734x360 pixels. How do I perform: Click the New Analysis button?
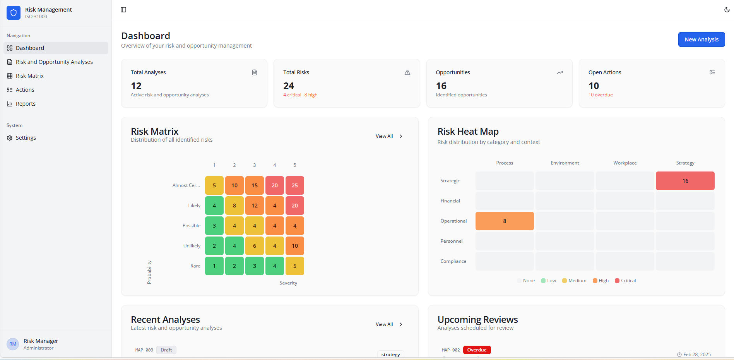pos(701,39)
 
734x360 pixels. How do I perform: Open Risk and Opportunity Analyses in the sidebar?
pos(54,62)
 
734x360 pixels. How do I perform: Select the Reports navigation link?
pos(26,104)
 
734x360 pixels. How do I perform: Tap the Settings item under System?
pos(26,138)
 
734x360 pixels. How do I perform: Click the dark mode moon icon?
pos(727,10)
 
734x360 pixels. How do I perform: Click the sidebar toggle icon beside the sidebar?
pos(123,10)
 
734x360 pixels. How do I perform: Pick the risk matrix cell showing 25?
pos(294,185)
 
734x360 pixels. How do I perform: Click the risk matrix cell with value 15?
pos(254,185)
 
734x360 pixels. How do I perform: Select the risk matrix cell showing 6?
pos(254,246)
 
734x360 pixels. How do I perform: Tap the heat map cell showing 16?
pos(685,181)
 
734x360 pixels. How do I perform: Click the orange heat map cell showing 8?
pos(504,221)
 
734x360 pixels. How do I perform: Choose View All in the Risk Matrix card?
pos(389,136)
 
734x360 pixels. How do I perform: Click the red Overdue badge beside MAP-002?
pos(477,350)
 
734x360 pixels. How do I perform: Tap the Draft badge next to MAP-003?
pos(166,350)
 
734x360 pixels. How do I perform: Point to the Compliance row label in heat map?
pos(453,261)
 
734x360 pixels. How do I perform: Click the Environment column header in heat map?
pos(565,163)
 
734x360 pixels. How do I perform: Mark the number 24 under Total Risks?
pos(289,86)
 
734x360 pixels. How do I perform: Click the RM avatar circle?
pos(13,344)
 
